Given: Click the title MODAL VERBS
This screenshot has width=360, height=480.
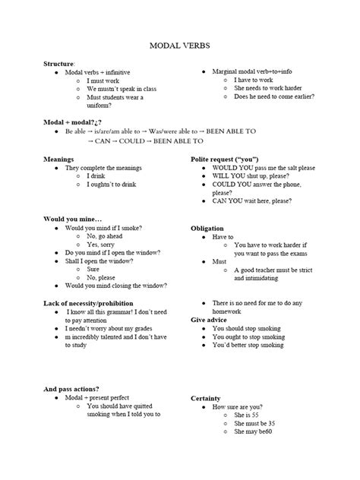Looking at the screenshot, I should (180, 46).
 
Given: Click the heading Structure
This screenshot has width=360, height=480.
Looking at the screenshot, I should (58, 63).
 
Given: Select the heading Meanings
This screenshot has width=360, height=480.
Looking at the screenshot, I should (59, 159).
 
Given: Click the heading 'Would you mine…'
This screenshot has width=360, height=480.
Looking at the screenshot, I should (72, 219).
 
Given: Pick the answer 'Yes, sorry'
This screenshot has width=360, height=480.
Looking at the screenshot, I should (105, 245).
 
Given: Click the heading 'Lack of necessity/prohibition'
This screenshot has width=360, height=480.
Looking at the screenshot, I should (89, 303).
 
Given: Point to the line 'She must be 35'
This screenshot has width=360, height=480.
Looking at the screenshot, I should (254, 424).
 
